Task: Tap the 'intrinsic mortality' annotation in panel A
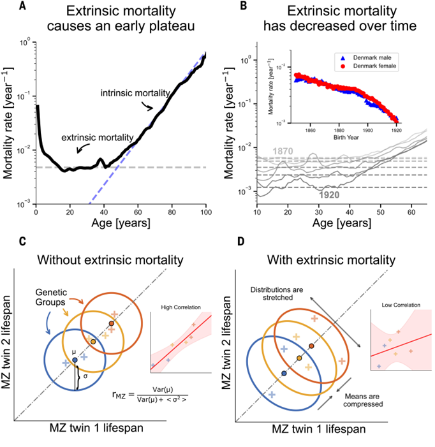(133, 94)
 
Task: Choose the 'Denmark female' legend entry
(367, 66)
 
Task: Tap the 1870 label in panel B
(284, 150)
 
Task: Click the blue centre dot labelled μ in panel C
(75, 360)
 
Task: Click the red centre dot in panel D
(311, 346)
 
